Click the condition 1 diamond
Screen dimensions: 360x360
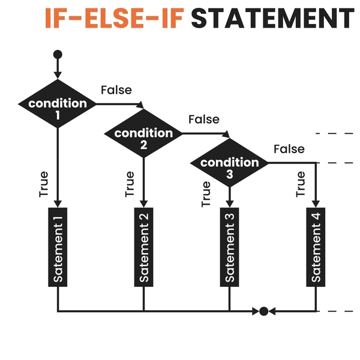[x=58, y=104]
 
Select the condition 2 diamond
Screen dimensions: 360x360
[x=143, y=133]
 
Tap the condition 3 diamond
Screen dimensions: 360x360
[x=230, y=163]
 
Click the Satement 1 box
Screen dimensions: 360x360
[x=58, y=247]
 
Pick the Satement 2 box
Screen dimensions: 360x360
[x=144, y=247]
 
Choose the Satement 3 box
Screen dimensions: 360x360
[x=230, y=247]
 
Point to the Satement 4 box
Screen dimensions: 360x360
[x=316, y=247]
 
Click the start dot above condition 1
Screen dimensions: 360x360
[x=58, y=55]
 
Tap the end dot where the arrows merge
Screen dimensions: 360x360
[x=263, y=311]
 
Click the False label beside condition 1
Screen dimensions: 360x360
[x=116, y=90]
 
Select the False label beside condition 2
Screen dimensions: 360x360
[x=204, y=119]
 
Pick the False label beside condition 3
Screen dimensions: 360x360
[x=289, y=149]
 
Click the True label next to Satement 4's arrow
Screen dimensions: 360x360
[x=301, y=184]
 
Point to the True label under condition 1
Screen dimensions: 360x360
[x=44, y=184]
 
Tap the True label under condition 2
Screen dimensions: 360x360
[x=130, y=184]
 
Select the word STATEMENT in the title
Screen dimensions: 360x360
[x=273, y=18]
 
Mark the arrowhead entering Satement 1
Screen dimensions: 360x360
[x=58, y=204]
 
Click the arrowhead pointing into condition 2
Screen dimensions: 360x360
[x=140, y=105]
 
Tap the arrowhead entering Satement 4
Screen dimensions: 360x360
[x=316, y=204]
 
